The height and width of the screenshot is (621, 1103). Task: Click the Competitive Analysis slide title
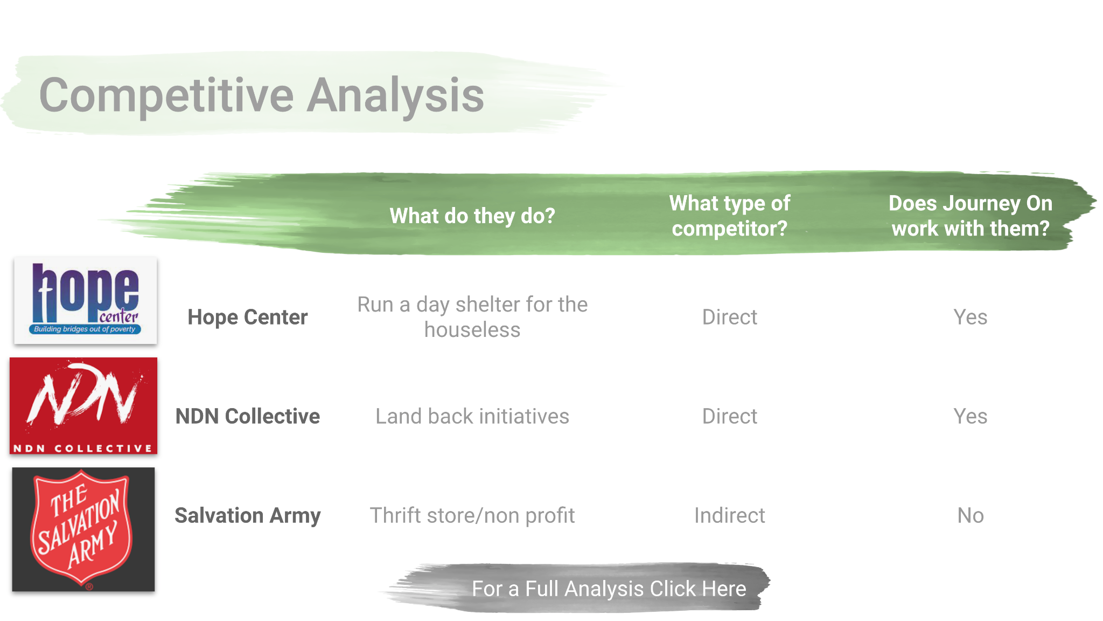(x=262, y=95)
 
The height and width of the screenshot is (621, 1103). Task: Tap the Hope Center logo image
(x=86, y=300)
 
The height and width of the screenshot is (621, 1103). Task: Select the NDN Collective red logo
(x=83, y=406)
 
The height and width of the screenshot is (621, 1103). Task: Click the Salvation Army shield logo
(x=83, y=529)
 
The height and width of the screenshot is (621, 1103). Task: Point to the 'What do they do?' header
(x=472, y=216)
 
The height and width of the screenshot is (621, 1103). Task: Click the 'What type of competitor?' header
(x=730, y=216)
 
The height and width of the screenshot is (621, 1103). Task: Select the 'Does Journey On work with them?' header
(x=971, y=216)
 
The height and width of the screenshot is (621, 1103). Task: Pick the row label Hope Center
(x=248, y=317)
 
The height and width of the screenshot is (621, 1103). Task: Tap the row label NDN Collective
(x=248, y=416)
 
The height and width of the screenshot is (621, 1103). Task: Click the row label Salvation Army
(x=248, y=515)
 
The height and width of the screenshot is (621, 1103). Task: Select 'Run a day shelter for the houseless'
(x=472, y=317)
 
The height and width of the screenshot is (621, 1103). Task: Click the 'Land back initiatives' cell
(x=472, y=416)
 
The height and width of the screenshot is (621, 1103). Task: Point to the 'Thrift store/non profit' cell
(x=472, y=515)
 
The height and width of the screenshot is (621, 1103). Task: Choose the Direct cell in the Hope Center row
(x=730, y=317)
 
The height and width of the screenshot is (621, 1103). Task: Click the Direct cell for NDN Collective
(x=730, y=416)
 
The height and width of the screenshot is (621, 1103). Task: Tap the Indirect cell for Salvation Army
(x=730, y=515)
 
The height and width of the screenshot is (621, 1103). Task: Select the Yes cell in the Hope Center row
(x=971, y=317)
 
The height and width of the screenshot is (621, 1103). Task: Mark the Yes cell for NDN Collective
(x=971, y=416)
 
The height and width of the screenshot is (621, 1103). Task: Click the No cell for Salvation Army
(x=971, y=515)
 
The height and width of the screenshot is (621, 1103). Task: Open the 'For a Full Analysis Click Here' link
(x=609, y=589)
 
